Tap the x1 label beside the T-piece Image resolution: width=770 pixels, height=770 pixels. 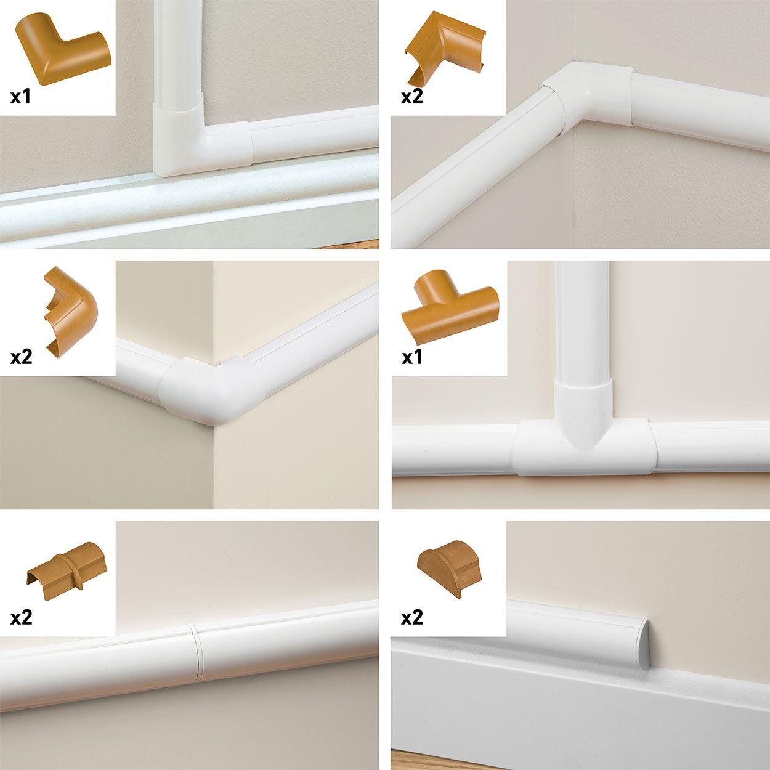point(412,357)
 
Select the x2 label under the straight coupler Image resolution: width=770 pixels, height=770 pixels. point(21,617)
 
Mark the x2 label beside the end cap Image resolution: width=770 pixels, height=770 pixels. point(412,617)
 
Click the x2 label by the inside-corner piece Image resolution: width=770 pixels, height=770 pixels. point(412,97)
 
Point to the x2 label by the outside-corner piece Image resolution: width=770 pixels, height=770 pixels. point(21,357)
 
